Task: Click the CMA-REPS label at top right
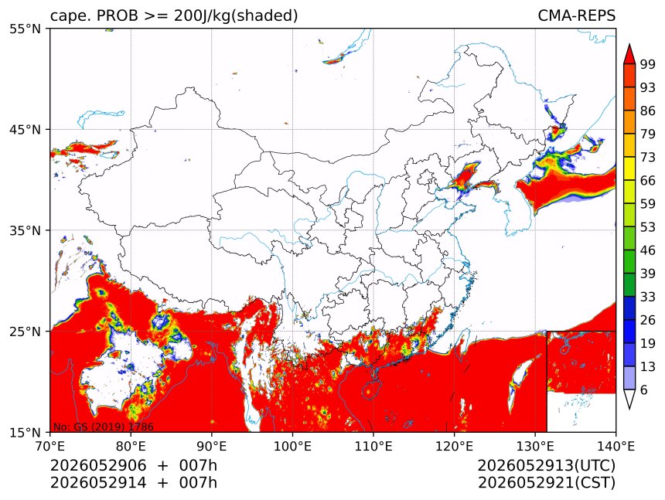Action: click(576, 15)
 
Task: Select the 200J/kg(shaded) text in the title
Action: click(236, 16)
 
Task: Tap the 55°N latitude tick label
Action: click(25, 29)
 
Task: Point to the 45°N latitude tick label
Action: click(25, 129)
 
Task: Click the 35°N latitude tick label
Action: click(25, 230)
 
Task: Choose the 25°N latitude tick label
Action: click(25, 331)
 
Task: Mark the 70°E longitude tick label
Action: click(50, 446)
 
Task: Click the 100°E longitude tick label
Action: click(292, 446)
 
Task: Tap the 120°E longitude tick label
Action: click(454, 446)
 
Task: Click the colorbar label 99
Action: click(648, 64)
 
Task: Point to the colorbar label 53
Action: click(648, 227)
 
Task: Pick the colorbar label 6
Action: click(644, 389)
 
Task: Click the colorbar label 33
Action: click(648, 297)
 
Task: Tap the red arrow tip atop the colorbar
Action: click(629, 44)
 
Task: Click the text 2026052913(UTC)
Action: click(546, 465)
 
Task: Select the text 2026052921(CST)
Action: click(547, 483)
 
